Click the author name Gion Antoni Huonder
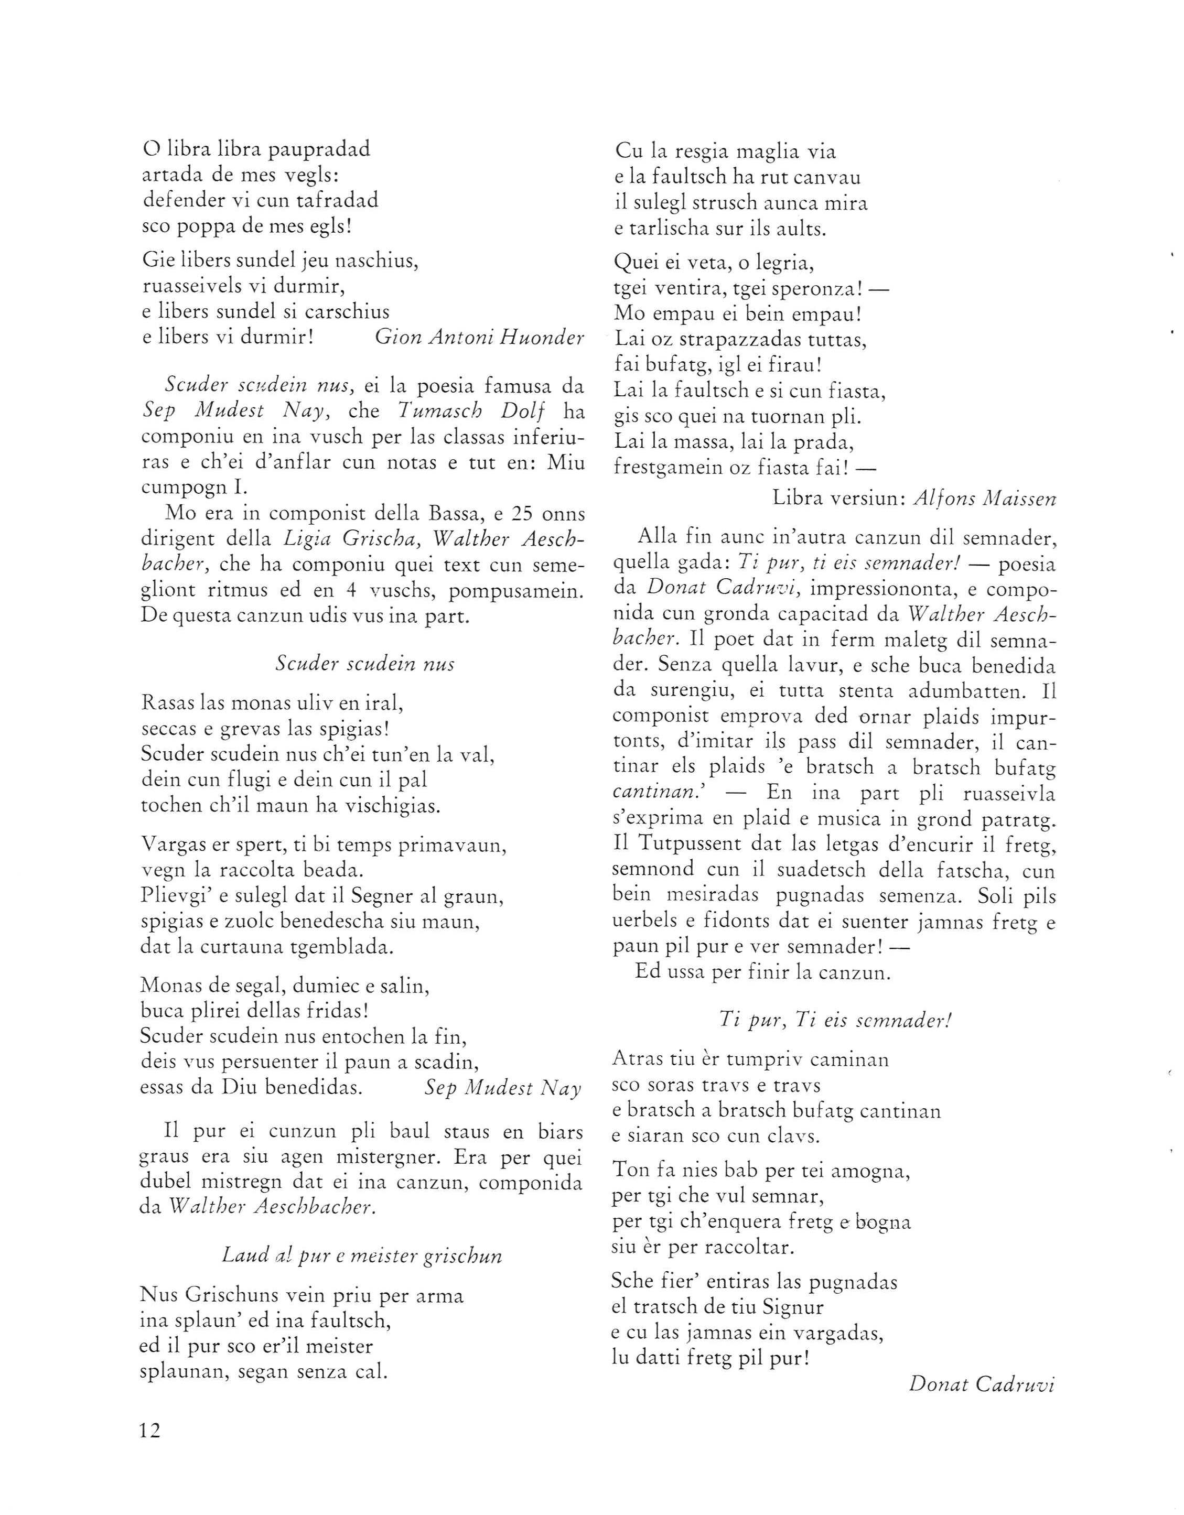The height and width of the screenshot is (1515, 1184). (x=479, y=337)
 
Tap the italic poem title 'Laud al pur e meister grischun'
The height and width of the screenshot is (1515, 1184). (x=362, y=1255)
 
